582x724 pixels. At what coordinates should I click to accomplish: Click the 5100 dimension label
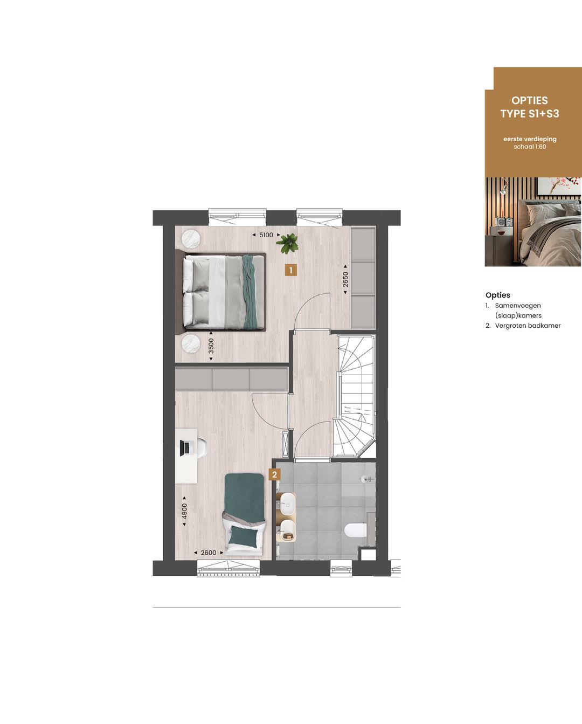coord(266,235)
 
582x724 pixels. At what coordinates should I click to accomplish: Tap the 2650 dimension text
coord(345,279)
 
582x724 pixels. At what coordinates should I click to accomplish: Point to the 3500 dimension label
coord(211,346)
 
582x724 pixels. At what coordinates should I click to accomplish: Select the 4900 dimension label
coord(184,511)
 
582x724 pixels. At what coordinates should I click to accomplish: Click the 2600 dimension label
coord(208,553)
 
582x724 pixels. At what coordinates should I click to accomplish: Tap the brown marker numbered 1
coord(291,270)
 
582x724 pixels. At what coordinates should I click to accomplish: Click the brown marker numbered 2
coord(275,475)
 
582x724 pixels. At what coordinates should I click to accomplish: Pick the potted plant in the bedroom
coord(288,243)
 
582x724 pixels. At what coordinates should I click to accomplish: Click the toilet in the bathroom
coord(356,530)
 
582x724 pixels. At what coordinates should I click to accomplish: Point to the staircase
coord(354,396)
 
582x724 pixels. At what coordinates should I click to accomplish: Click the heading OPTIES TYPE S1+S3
coord(530,107)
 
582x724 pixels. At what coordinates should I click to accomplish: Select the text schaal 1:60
coord(530,147)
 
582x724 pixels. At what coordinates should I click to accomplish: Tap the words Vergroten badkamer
coord(528,326)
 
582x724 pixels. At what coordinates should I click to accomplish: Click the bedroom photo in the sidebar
coord(533,222)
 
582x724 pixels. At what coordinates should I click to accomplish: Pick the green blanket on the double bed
coord(250,291)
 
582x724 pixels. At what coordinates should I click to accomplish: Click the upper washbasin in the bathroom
coord(287,506)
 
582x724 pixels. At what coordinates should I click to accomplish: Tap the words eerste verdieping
coord(530,139)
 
